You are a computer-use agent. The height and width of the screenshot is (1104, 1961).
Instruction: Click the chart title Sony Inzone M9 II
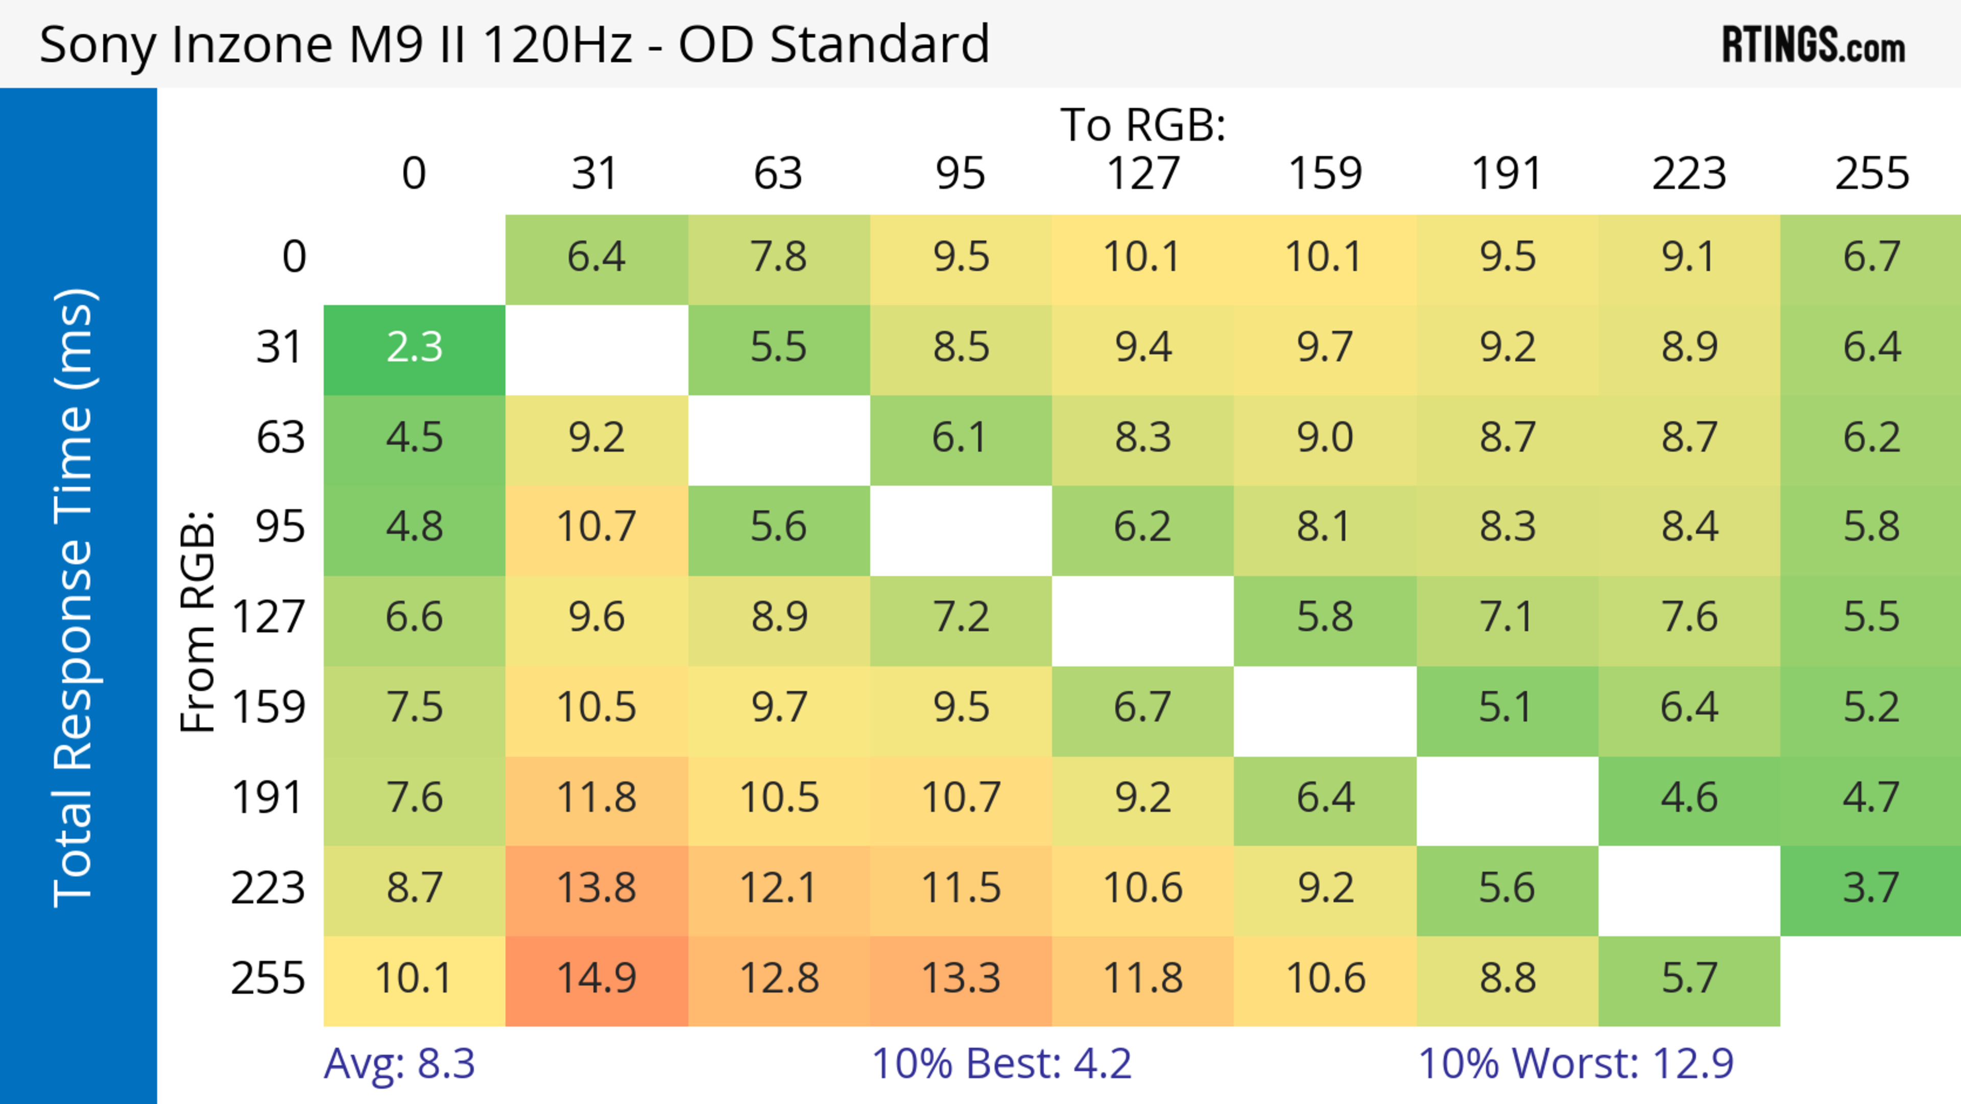click(x=514, y=44)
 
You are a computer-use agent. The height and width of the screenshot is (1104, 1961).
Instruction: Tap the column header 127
click(x=1143, y=174)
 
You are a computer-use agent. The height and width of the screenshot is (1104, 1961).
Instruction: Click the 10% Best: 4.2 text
click(x=1001, y=1064)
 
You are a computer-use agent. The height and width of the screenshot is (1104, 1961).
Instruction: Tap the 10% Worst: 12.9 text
click(x=1576, y=1064)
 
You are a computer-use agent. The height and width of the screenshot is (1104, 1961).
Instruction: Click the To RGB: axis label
click(x=1143, y=125)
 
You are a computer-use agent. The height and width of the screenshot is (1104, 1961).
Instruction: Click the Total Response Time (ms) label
click(x=74, y=598)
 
